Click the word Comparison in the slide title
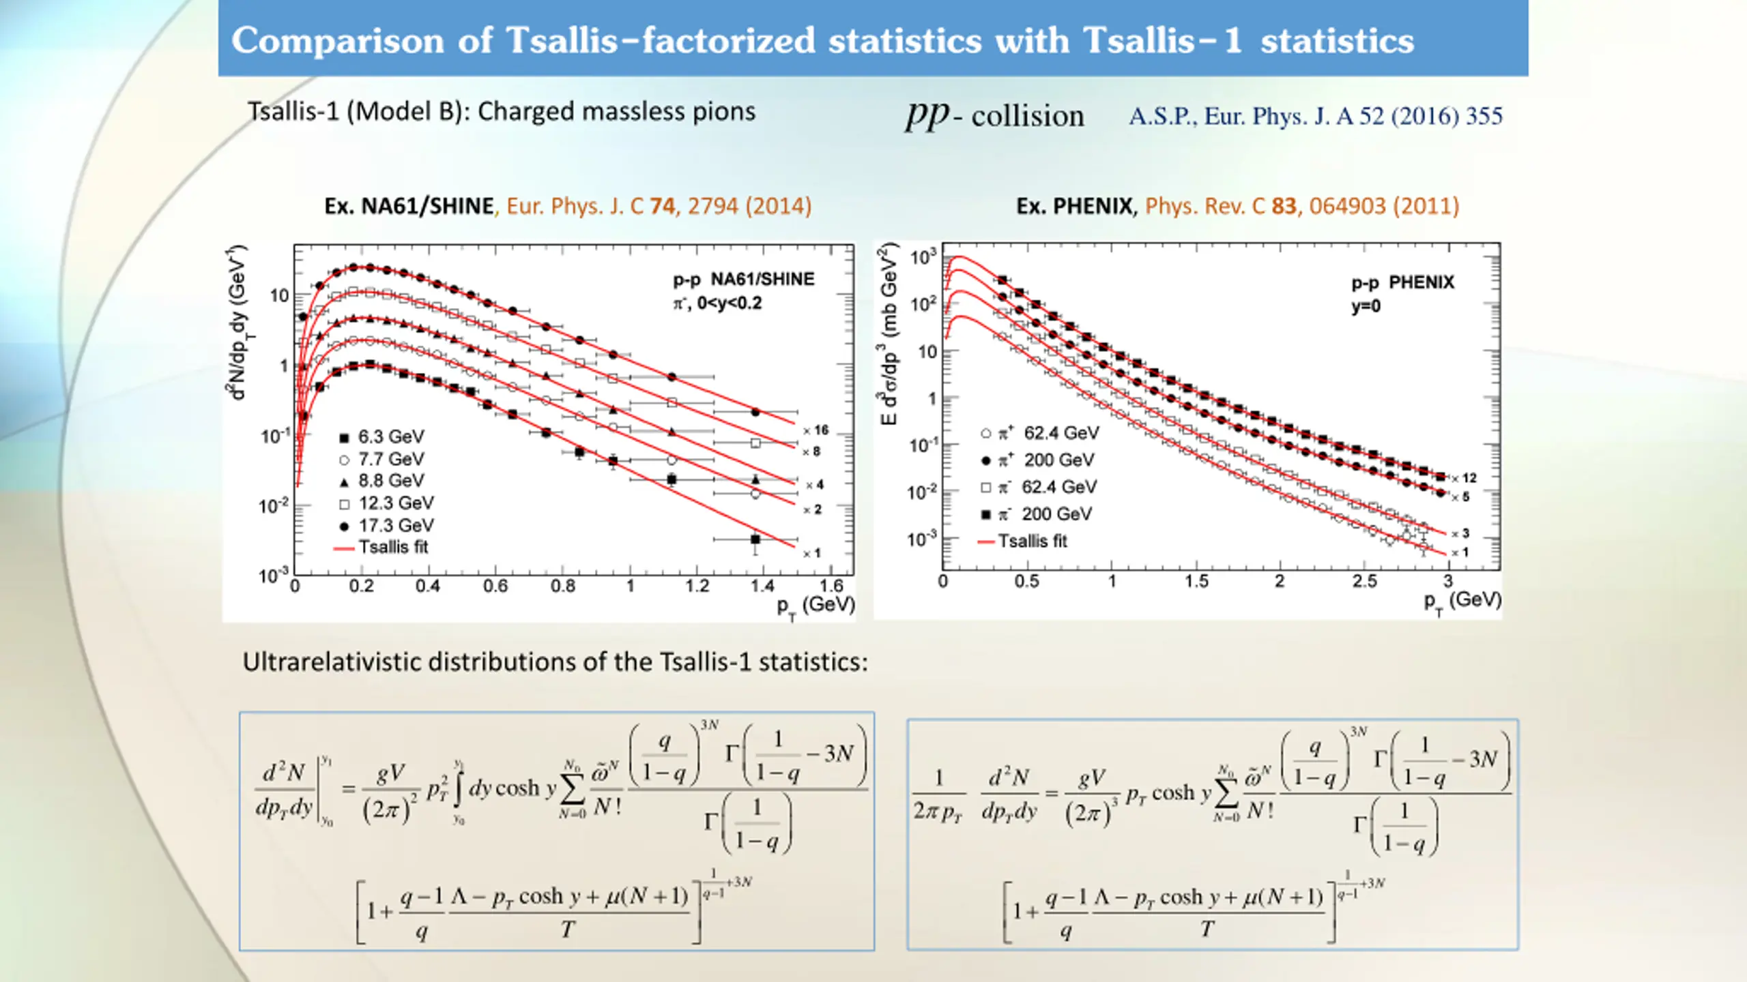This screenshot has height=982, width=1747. (x=338, y=40)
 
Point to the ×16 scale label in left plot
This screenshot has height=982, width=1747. (x=817, y=430)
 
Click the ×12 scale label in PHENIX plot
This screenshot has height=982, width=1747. (x=1465, y=478)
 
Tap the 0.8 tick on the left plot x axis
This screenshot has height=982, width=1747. (x=562, y=586)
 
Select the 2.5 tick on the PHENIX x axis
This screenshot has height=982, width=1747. (x=1364, y=582)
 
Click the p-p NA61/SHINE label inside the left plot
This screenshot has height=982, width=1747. (x=744, y=279)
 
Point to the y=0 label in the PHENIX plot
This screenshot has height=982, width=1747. (x=1366, y=306)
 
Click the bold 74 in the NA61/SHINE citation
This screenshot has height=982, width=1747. (x=663, y=206)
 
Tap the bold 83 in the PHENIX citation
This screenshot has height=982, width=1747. (x=1284, y=206)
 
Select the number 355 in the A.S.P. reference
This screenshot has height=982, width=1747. (x=1484, y=117)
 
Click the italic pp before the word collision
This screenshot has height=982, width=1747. (x=927, y=115)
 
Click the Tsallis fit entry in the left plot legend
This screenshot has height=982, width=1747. (x=393, y=547)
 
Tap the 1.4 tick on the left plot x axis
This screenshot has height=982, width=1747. (x=762, y=586)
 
